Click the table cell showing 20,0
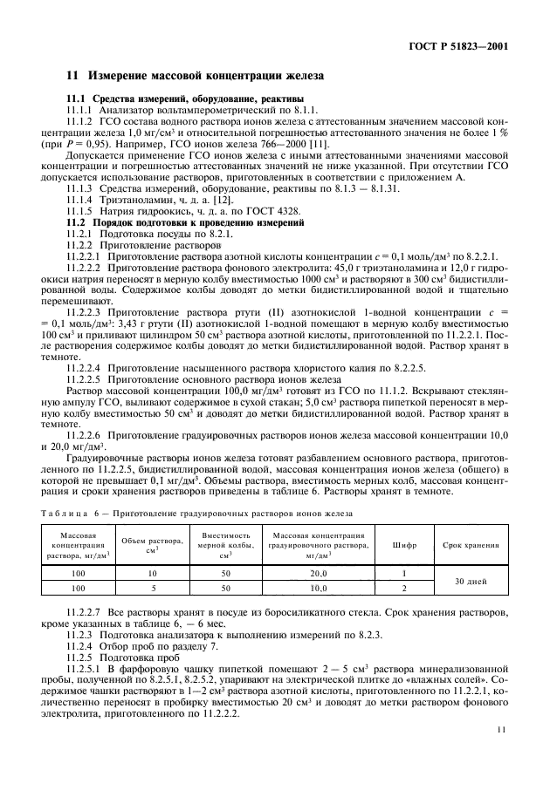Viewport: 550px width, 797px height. click(x=317, y=574)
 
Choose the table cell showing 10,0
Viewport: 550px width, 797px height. click(x=317, y=589)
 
